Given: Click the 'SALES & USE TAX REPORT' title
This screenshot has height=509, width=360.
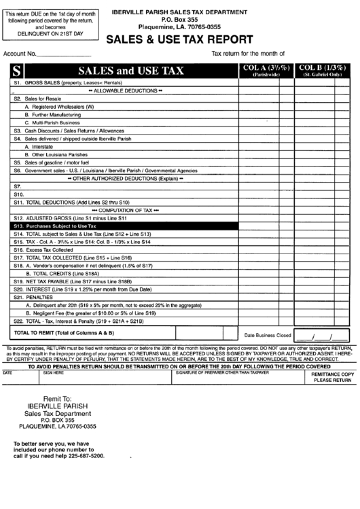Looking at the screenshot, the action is pos(180,39).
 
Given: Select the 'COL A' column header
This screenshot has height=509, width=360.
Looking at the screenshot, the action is pos(266,70).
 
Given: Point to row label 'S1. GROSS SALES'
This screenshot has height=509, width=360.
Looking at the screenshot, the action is pos(61,83).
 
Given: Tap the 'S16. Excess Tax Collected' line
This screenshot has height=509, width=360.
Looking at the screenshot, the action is pos(51,250).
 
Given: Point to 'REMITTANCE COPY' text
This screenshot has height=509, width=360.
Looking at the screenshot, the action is pos(332,374).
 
